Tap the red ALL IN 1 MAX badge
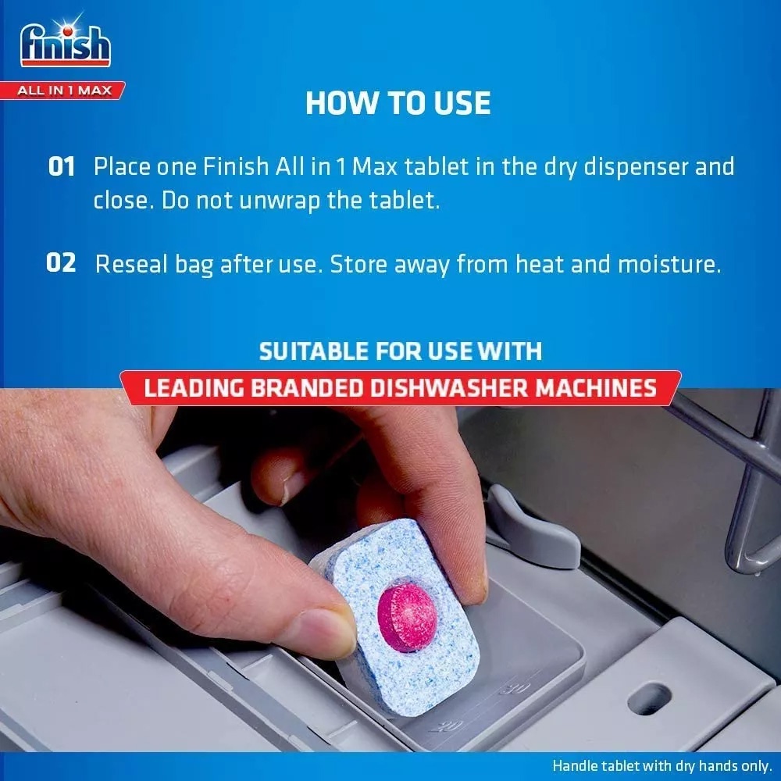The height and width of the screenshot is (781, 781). (66, 91)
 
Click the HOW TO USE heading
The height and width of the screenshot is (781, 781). (398, 103)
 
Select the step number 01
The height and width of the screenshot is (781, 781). (62, 167)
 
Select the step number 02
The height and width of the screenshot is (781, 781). (61, 263)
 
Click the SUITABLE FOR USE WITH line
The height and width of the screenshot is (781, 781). (400, 351)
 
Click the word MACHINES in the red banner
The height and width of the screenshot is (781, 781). (601, 388)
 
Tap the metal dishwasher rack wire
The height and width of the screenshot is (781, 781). (742, 500)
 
